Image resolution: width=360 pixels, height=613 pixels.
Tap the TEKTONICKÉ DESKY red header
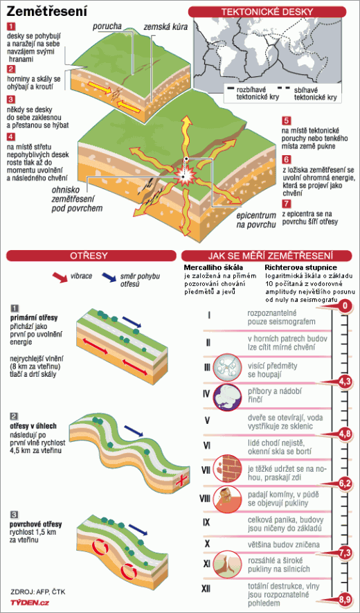pyautogui.click(x=267, y=12)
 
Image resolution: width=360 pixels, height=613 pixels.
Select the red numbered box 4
pyautogui.click(x=11, y=137)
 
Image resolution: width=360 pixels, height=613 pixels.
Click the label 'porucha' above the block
pyautogui.click(x=107, y=26)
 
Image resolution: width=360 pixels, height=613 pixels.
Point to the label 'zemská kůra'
pyautogui.click(x=164, y=26)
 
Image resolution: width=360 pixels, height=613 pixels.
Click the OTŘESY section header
pyautogui.click(x=92, y=256)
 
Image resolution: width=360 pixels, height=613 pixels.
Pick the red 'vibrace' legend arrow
pyautogui.click(x=62, y=277)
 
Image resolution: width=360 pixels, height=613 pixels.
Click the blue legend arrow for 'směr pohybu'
pyautogui.click(x=108, y=277)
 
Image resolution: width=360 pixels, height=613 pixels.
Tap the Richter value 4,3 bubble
pyautogui.click(x=344, y=382)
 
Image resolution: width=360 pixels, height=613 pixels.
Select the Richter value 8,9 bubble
pyautogui.click(x=344, y=599)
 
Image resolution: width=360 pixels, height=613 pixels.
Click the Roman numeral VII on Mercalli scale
pyautogui.click(x=206, y=470)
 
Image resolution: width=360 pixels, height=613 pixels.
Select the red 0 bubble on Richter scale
pyautogui.click(x=344, y=306)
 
